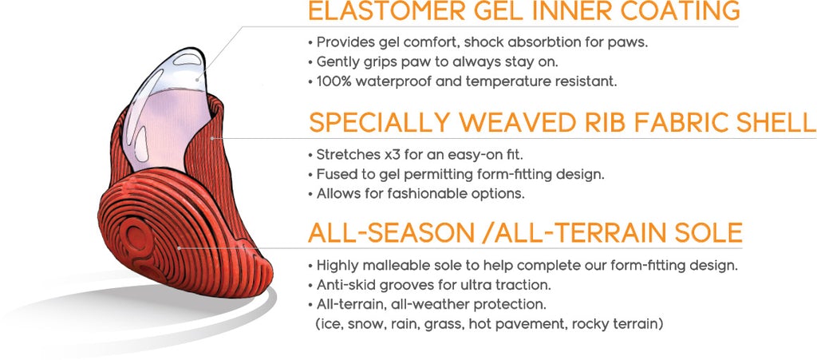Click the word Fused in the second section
(336, 174)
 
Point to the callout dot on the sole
(180, 248)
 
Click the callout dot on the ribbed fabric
(212, 138)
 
